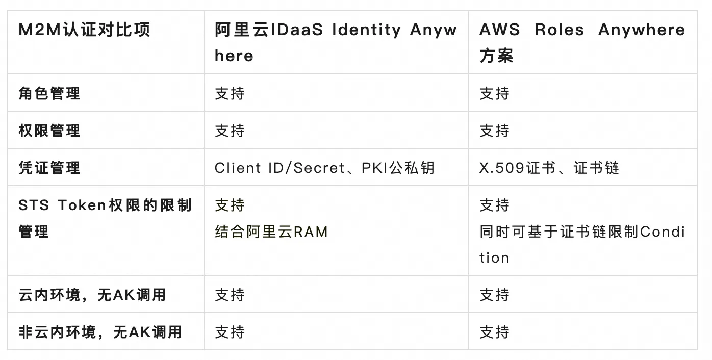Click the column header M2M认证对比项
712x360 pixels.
pos(84,30)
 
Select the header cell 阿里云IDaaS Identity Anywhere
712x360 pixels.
pos(336,42)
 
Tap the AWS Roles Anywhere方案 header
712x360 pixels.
pos(582,42)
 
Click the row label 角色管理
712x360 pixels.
pos(49,93)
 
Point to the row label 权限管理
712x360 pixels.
pos(49,131)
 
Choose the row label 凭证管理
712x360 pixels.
pos(49,168)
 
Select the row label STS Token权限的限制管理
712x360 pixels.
pos(105,218)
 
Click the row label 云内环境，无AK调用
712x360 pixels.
pos(92,295)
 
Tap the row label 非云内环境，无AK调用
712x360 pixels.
pos(100,332)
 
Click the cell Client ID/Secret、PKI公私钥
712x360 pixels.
pos(324,168)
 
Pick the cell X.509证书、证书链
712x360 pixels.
pos(549,168)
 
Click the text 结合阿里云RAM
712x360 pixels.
pos(271,232)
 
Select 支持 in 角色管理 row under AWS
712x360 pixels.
pos(495,93)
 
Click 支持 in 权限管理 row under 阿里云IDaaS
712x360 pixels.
pos(230,131)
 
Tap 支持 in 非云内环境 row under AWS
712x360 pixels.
pos(495,332)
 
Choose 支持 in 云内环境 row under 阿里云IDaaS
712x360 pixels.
pos(230,295)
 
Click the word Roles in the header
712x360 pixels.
pos(559,30)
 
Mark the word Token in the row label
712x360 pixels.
pos(82,205)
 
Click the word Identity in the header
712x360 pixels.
pos(366,31)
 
